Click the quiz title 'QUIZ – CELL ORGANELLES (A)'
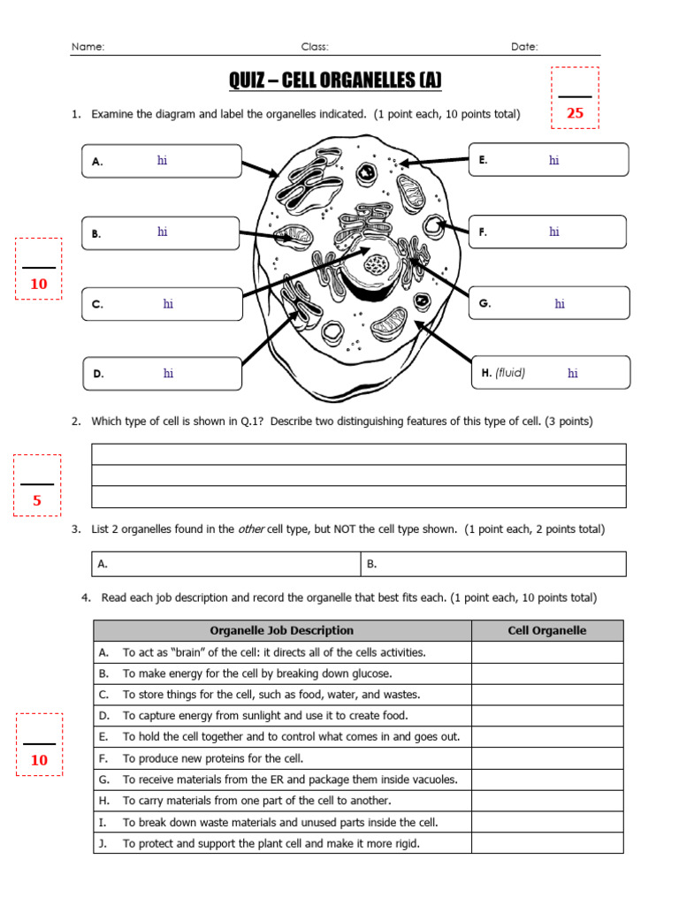(x=335, y=81)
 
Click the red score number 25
(x=575, y=113)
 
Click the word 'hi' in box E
(x=553, y=161)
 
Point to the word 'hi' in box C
(x=168, y=304)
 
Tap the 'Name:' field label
(x=88, y=47)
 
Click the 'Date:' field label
(x=524, y=47)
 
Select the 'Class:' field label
(x=315, y=47)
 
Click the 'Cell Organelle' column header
(x=546, y=631)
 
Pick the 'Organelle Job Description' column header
(x=281, y=631)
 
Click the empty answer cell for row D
(x=546, y=716)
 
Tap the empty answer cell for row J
(x=546, y=843)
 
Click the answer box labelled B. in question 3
(x=492, y=564)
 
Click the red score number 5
(x=37, y=501)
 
